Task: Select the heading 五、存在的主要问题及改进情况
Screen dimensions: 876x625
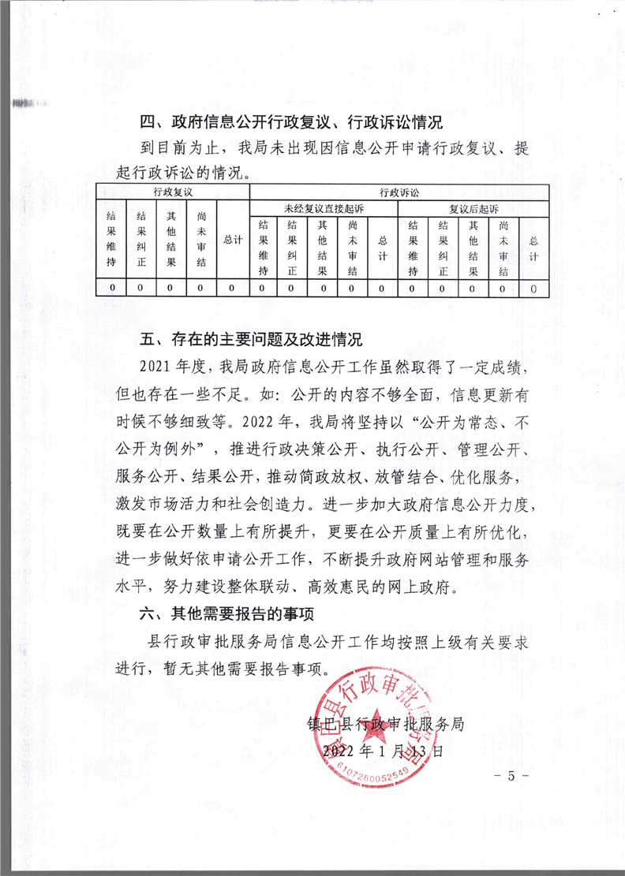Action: (250, 341)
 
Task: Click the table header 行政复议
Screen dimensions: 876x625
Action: (172, 192)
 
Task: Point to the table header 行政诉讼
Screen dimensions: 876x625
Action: (399, 192)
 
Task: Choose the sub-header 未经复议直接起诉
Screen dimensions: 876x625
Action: (324, 208)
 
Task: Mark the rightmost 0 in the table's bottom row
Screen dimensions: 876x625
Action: (533, 289)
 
